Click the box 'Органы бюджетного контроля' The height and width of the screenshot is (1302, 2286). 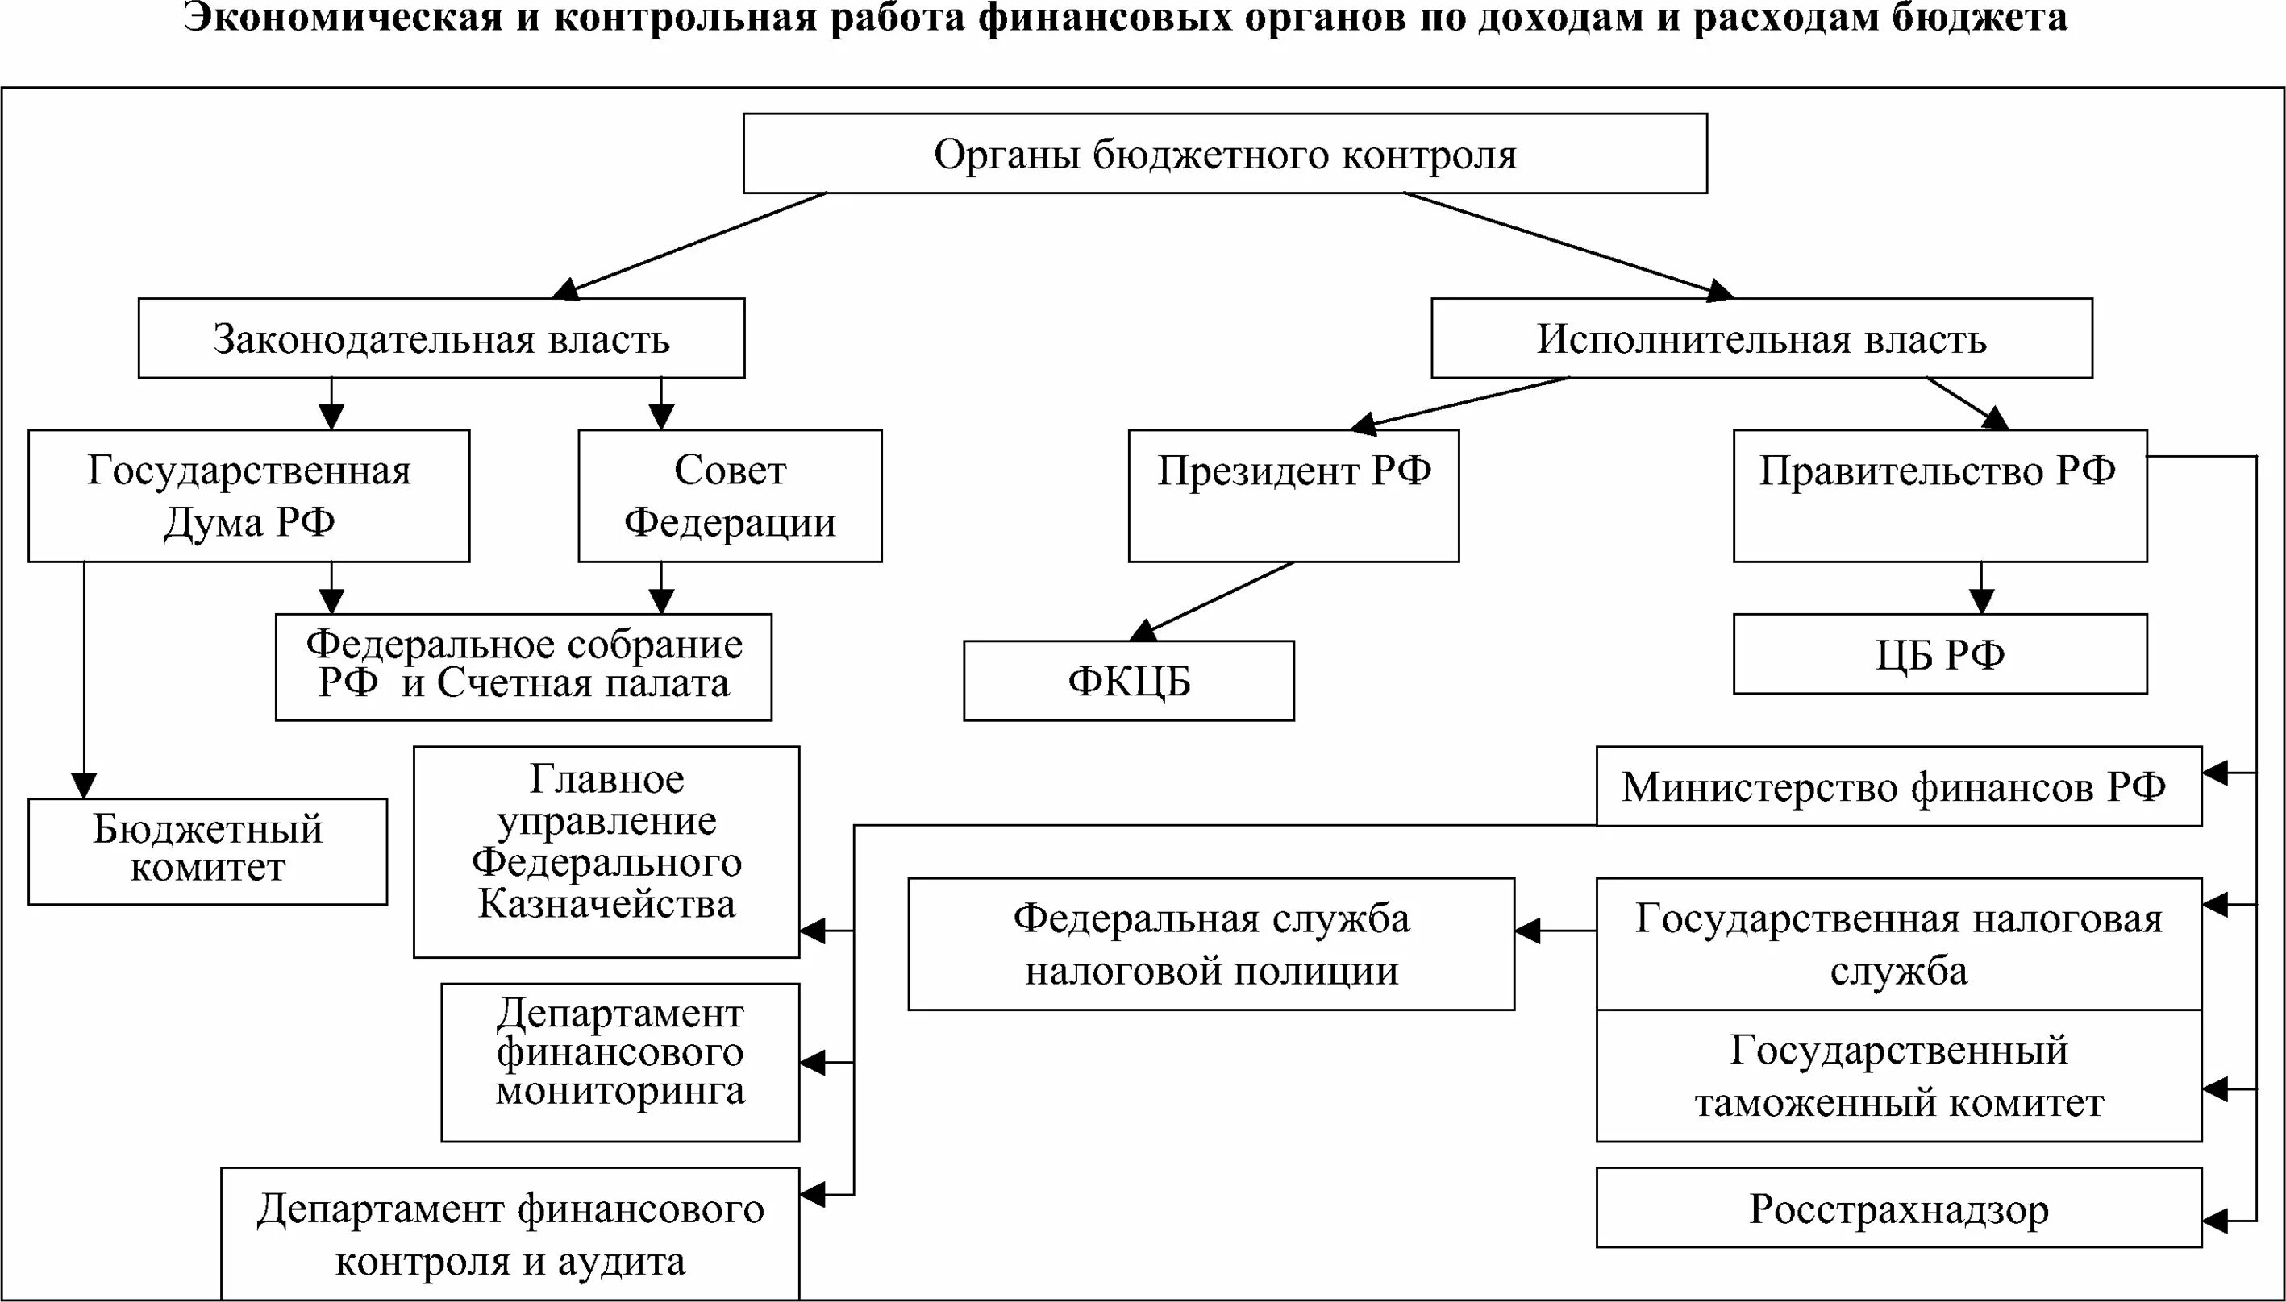(x=1224, y=154)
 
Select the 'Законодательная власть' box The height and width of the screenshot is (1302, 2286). (x=441, y=338)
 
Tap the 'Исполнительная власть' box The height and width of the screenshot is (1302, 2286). (x=1761, y=338)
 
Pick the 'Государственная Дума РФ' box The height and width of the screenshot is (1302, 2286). (x=248, y=496)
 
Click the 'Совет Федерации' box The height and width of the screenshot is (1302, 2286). (x=729, y=496)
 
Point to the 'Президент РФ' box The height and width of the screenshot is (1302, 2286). (x=1293, y=496)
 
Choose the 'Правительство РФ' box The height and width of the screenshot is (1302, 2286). (x=1938, y=496)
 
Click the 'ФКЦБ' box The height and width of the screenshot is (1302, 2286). (x=1128, y=681)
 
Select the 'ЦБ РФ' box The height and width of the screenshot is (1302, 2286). (x=1938, y=653)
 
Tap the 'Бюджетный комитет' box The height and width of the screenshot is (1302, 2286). (x=207, y=851)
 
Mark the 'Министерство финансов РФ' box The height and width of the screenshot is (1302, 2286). (x=1897, y=786)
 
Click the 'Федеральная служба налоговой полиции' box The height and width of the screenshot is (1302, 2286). (x=1210, y=943)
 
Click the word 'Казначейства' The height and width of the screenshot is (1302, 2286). (x=606, y=903)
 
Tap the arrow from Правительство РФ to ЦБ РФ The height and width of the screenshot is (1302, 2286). (x=1981, y=587)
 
